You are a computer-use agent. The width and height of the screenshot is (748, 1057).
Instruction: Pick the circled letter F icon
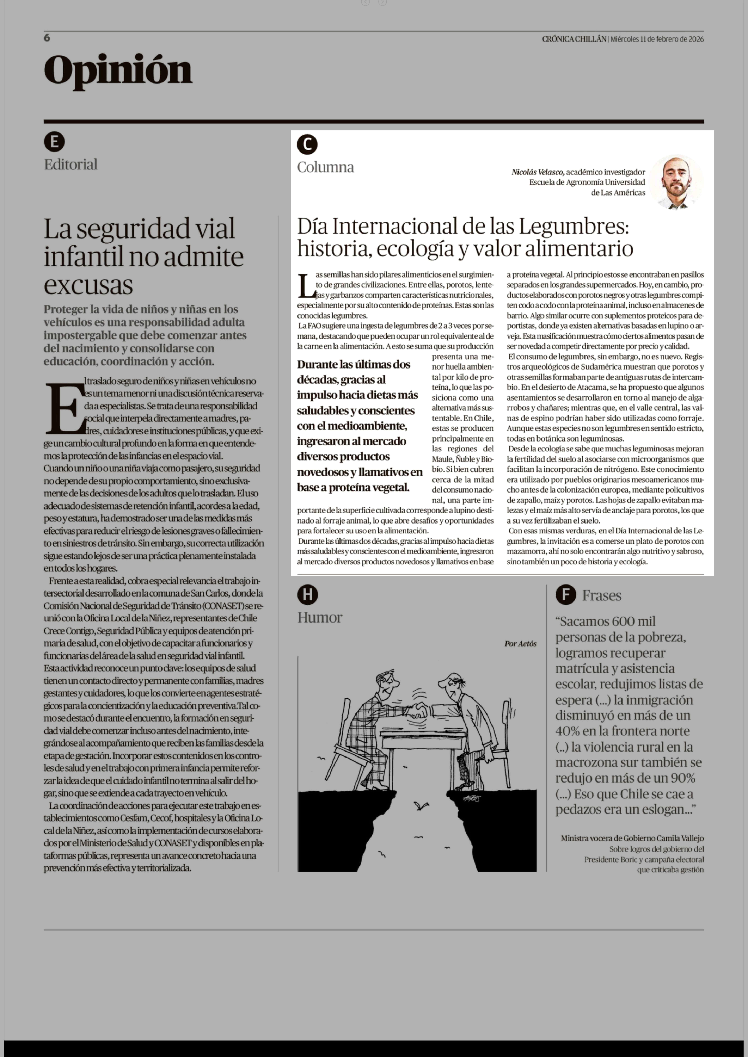click(x=566, y=595)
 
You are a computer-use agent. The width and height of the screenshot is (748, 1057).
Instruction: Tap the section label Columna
click(x=325, y=167)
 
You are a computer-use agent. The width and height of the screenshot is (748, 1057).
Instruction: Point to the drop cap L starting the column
click(x=306, y=285)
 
